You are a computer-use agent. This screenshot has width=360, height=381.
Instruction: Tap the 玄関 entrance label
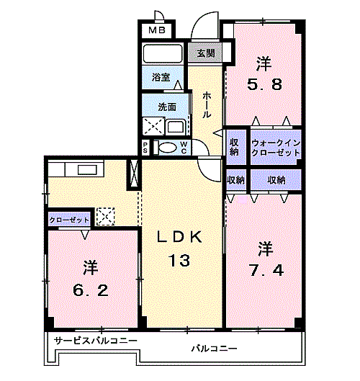point(205,53)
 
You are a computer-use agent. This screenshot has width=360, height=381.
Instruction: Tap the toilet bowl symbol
point(166,148)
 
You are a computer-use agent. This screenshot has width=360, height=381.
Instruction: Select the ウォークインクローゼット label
point(276,148)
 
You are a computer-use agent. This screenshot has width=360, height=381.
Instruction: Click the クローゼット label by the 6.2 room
point(70,219)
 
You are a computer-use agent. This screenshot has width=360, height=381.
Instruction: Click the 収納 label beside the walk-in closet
point(235,147)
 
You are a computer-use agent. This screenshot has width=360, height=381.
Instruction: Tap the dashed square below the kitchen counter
point(105,215)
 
